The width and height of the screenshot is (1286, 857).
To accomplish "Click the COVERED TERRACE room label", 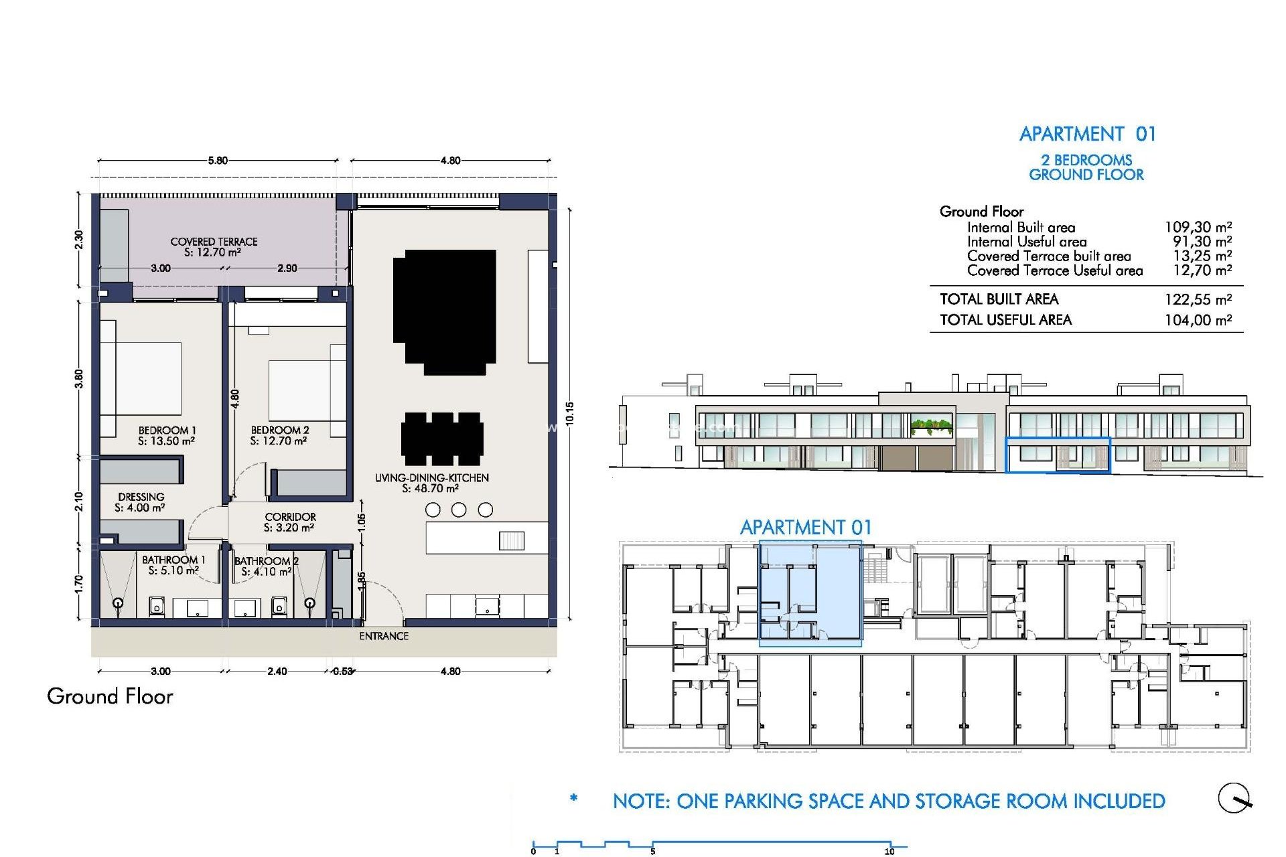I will (x=214, y=242).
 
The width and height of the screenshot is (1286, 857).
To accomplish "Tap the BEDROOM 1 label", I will (x=167, y=431).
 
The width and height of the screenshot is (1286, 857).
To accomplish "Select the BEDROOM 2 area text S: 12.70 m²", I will (x=278, y=441).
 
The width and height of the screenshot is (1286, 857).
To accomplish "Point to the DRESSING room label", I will (x=141, y=497).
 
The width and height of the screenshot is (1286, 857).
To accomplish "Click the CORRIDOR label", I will (x=290, y=517).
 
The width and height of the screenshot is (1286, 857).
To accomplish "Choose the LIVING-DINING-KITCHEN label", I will (x=431, y=478).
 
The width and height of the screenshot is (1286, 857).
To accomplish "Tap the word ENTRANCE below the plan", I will (x=384, y=636).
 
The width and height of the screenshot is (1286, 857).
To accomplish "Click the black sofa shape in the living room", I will (x=444, y=311).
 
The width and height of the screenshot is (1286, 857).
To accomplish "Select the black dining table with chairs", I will (x=442, y=439).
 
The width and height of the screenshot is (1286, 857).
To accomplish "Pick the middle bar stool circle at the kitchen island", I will (x=459, y=510).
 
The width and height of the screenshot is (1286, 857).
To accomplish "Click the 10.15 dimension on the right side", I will (x=569, y=413).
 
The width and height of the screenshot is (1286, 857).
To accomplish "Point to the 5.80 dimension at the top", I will (x=218, y=161).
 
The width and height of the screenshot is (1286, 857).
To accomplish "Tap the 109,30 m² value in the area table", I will (x=1198, y=227).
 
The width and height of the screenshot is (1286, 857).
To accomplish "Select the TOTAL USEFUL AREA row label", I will (x=1005, y=320).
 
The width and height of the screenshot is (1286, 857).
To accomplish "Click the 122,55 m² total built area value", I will (x=1198, y=299).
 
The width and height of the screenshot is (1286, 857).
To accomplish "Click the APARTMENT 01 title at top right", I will (x=1087, y=134).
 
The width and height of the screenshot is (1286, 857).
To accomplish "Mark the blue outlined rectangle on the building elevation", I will (x=1058, y=455).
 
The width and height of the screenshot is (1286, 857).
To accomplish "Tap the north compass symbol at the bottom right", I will (x=1234, y=798).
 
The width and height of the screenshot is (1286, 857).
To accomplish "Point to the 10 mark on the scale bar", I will (x=889, y=852).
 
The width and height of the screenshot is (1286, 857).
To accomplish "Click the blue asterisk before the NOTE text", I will (x=573, y=798).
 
